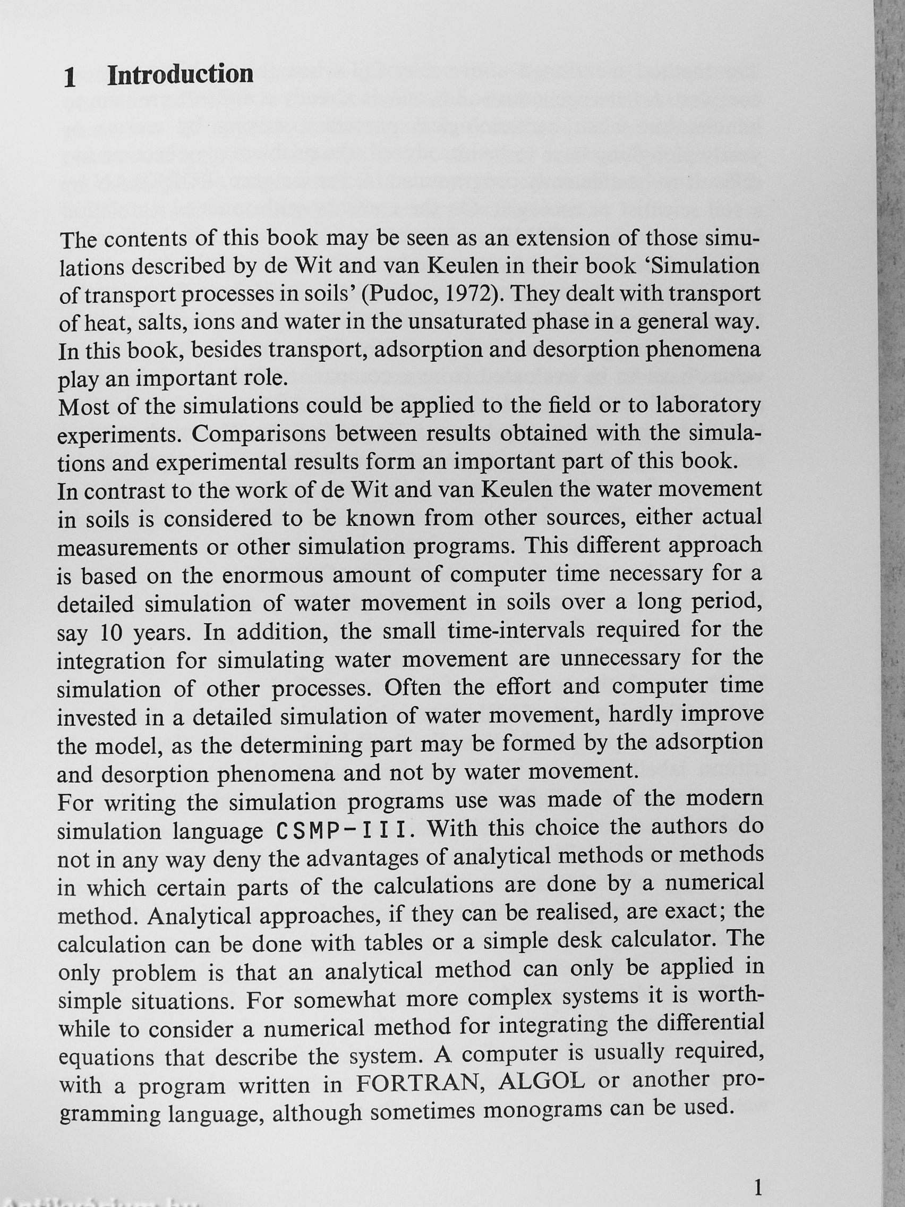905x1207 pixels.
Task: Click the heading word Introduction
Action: click(x=181, y=75)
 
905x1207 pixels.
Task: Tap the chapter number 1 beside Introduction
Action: click(x=70, y=78)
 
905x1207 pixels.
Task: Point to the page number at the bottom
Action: click(x=757, y=1171)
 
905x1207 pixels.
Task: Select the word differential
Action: click(x=710, y=1023)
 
